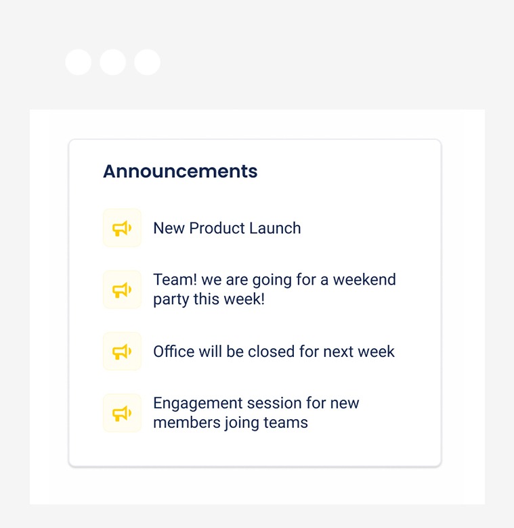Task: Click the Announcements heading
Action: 180,171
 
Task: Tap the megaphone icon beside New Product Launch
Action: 122,229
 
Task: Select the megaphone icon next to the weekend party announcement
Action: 122,290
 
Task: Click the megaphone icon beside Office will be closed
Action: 122,352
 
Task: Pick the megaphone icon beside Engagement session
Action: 122,413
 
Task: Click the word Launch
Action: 275,229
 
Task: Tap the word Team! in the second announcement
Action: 175,279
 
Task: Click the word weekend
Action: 364,279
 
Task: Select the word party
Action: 171,299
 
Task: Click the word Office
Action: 173,352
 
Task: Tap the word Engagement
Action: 198,404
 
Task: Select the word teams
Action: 286,423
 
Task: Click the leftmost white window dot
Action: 79,62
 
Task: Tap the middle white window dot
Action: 112,62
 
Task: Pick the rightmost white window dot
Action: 147,62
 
